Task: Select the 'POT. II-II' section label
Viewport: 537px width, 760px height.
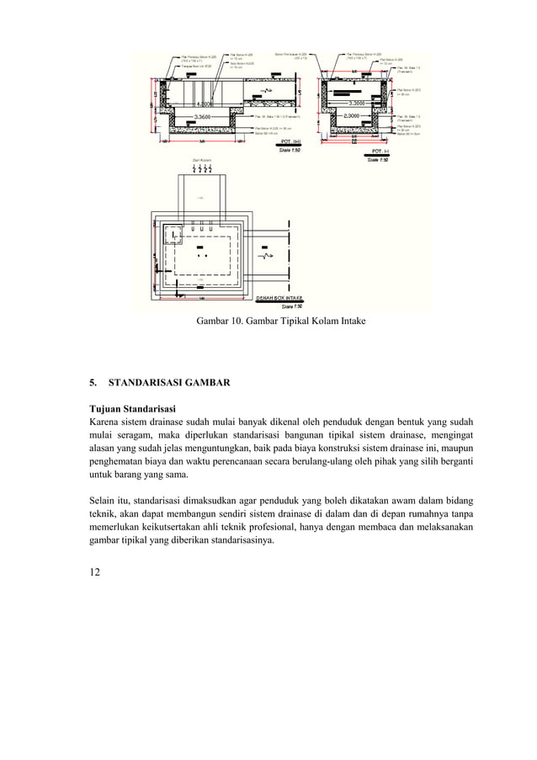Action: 290,142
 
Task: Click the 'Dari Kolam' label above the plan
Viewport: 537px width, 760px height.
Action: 201,160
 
